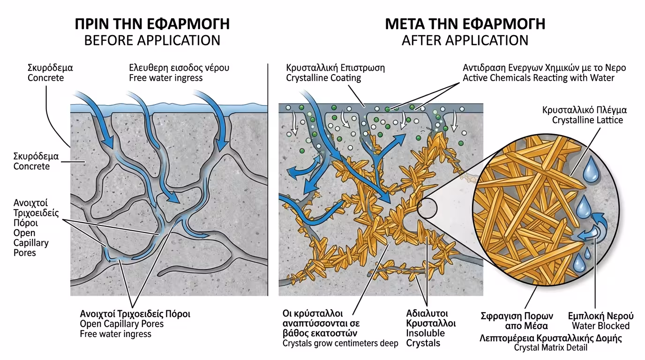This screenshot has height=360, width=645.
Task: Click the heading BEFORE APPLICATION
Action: [x=152, y=40]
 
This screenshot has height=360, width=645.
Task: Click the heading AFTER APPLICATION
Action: [x=465, y=40]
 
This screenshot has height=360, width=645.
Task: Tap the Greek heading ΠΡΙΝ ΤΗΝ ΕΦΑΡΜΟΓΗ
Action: [x=152, y=24]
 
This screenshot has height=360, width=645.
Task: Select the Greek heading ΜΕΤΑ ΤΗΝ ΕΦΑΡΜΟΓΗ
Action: [x=465, y=24]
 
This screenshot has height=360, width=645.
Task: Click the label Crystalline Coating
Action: [x=323, y=78]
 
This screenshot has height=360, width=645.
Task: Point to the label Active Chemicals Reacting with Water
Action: [x=538, y=78]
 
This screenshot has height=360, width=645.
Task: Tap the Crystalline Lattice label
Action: [x=587, y=120]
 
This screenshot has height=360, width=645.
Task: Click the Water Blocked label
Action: [x=600, y=326]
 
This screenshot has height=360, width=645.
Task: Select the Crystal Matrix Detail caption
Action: [x=551, y=347]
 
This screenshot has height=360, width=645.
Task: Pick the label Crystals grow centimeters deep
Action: [x=340, y=344]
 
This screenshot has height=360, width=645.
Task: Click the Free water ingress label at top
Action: [x=166, y=78]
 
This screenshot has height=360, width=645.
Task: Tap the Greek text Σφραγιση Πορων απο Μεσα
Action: [x=517, y=320]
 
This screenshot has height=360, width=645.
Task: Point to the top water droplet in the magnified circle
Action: [x=591, y=172]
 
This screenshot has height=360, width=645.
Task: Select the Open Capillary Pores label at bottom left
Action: [x=121, y=324]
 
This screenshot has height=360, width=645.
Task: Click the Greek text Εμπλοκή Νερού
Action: [x=600, y=315]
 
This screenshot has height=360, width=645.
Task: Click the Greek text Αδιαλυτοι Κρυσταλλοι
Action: [x=431, y=318]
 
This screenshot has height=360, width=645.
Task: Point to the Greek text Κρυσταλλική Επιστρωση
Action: [x=335, y=67]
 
